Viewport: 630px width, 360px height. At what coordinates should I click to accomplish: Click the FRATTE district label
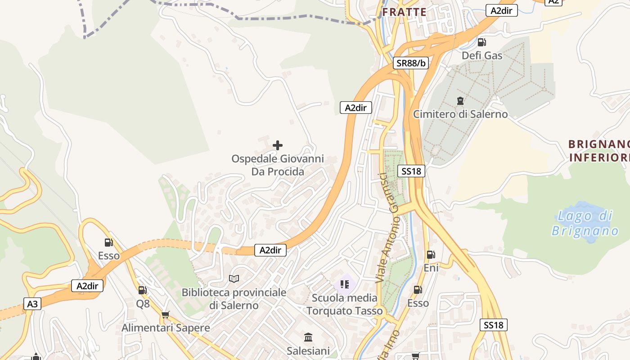(404, 12)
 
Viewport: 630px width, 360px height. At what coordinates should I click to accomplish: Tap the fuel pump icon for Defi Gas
(481, 42)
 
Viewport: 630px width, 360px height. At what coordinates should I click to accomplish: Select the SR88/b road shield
(411, 63)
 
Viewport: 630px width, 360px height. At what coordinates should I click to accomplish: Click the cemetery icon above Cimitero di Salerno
(460, 100)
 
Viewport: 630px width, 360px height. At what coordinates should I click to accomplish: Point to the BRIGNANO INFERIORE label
(598, 151)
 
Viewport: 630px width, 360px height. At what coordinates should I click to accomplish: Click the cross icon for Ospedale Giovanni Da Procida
(278, 145)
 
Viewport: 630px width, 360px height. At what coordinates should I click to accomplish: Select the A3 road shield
(32, 304)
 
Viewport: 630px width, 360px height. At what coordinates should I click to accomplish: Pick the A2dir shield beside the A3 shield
(87, 286)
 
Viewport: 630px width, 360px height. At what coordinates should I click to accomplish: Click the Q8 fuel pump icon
(142, 290)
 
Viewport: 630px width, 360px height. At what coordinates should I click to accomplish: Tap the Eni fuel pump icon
(431, 254)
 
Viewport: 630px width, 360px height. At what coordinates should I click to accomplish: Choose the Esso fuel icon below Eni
(418, 289)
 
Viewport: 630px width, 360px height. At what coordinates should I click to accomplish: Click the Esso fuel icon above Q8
(108, 242)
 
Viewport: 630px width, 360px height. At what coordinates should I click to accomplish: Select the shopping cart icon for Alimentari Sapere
(165, 315)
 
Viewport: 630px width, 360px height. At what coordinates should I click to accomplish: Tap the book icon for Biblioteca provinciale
(234, 279)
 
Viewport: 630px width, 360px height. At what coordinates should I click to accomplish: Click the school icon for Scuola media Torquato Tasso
(345, 284)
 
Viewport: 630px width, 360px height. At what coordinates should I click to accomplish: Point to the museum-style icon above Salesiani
(308, 337)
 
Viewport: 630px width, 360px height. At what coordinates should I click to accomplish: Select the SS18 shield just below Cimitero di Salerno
(411, 171)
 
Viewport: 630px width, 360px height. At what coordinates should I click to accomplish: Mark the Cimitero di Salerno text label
(460, 114)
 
